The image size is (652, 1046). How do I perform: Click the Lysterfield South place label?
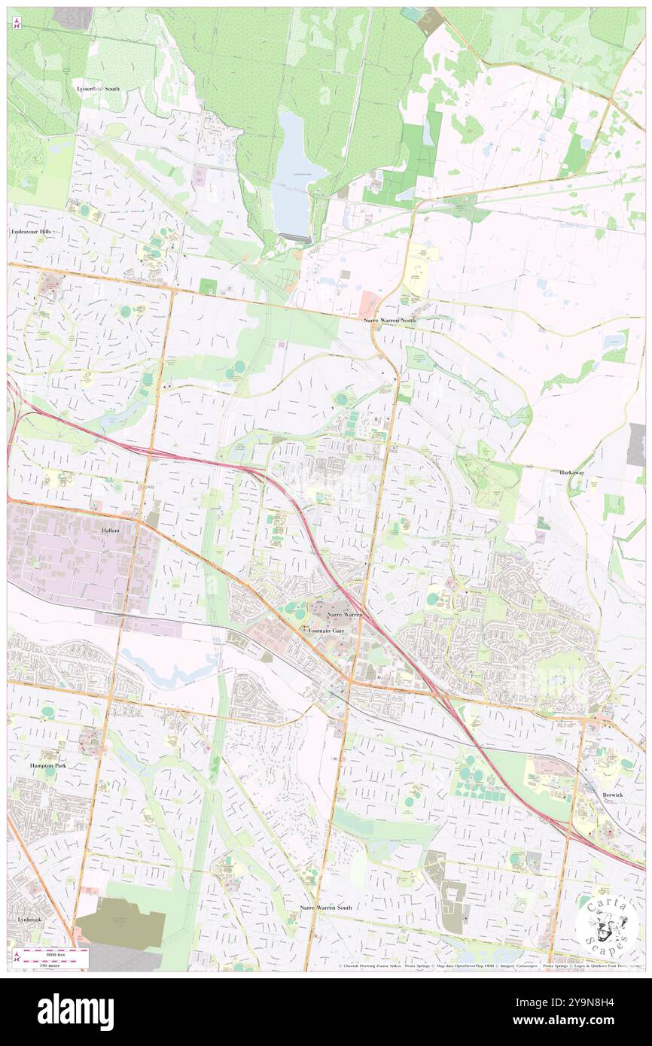pyautogui.click(x=98, y=89)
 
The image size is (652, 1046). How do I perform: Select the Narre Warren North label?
pyautogui.click(x=389, y=321)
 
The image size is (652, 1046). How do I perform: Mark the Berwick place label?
pyautogui.click(x=614, y=795)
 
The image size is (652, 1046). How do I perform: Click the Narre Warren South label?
pyautogui.click(x=325, y=908)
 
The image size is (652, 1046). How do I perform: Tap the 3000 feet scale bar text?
pyautogui.click(x=50, y=953)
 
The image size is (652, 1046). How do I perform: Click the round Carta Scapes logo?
pyautogui.click(x=607, y=925)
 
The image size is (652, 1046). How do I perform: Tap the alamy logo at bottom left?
pyautogui.click(x=75, y=1011)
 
